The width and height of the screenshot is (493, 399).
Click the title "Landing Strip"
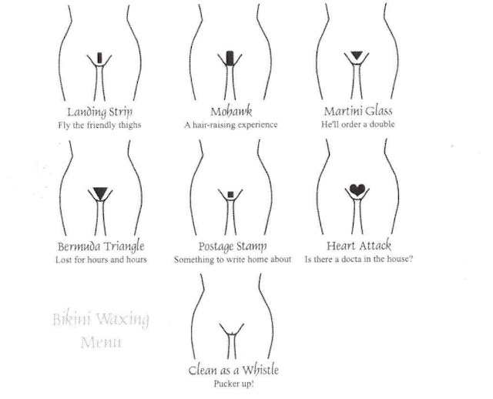click(98, 109)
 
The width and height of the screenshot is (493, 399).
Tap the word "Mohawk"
click(231, 109)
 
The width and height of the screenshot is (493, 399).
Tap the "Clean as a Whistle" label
click(232, 370)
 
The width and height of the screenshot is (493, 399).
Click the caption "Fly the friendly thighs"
click(98, 123)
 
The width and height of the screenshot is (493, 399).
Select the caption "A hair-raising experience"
click(231, 123)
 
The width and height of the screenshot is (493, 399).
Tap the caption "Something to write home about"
click(232, 260)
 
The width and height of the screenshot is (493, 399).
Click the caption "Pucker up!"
click(232, 383)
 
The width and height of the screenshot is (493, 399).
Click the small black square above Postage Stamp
click(232, 192)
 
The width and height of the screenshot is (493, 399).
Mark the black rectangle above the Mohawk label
click(232, 57)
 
